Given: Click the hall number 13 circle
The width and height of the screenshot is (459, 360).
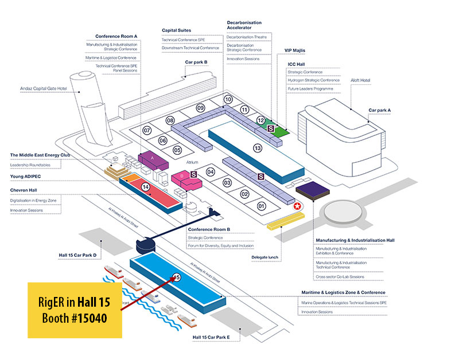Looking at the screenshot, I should [x=257, y=148].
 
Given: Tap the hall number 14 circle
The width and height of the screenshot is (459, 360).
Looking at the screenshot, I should [x=146, y=187].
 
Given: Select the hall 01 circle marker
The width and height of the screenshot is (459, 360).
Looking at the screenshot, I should [x=262, y=206].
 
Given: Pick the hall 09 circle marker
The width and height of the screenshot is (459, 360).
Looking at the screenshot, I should [x=200, y=108].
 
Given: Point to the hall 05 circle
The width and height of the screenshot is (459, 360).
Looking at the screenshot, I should [x=177, y=150].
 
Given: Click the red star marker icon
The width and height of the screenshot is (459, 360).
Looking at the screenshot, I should [x=297, y=206].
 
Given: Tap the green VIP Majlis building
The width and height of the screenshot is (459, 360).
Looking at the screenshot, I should [x=280, y=130].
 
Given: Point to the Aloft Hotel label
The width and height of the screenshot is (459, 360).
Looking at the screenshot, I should [x=361, y=81].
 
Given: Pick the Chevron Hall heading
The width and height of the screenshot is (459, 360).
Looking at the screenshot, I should [x=26, y=189].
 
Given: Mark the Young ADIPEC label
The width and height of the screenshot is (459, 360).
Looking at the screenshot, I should [x=27, y=177].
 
